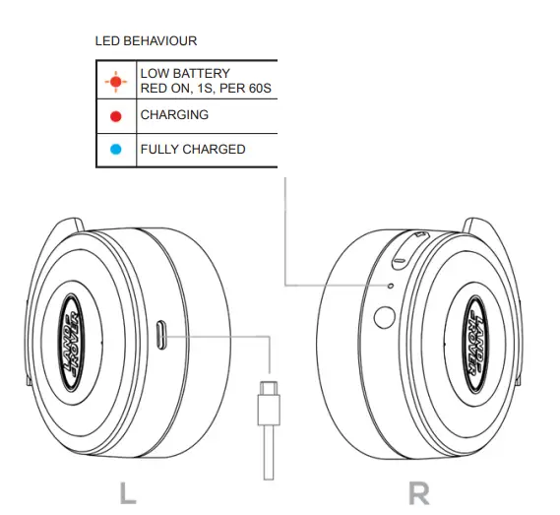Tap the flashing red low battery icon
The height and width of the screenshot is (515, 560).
pyautogui.click(x=116, y=81)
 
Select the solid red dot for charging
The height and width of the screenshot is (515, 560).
pyautogui.click(x=116, y=116)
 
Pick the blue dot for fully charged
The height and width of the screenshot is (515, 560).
pyautogui.click(x=116, y=150)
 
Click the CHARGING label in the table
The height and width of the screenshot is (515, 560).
pyautogui.click(x=174, y=115)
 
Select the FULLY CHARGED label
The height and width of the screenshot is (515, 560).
pyautogui.click(x=193, y=150)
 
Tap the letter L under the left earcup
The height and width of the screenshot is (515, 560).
pyautogui.click(x=128, y=492)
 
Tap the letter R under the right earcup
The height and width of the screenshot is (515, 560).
pyautogui.click(x=419, y=492)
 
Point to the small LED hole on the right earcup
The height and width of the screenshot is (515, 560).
pyautogui.click(x=391, y=287)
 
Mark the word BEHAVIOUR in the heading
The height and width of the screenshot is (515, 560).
pyautogui.click(x=168, y=42)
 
